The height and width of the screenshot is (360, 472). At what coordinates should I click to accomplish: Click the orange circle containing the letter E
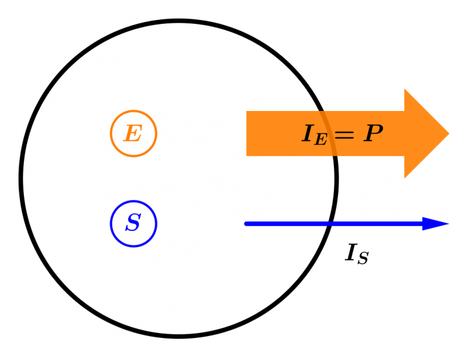(x=133, y=133)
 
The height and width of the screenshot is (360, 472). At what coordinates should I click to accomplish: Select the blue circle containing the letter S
(x=133, y=224)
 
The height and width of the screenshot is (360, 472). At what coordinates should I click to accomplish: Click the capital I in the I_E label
(x=308, y=134)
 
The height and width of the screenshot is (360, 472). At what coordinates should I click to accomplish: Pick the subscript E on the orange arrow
(x=321, y=140)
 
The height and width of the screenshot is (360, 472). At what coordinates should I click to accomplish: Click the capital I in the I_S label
(x=351, y=253)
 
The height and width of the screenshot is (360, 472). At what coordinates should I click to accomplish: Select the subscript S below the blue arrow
(x=363, y=259)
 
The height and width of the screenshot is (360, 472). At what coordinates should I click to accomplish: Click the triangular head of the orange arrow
(x=423, y=134)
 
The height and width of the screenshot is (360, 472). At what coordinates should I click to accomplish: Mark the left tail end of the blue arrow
(x=246, y=224)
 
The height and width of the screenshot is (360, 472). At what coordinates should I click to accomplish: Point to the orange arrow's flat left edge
(x=247, y=134)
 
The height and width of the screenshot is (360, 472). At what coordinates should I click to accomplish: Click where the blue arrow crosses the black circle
(x=330, y=224)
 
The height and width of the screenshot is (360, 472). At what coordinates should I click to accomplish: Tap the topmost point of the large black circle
(x=179, y=22)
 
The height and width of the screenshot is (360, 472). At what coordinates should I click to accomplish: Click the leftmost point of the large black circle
(x=21, y=179)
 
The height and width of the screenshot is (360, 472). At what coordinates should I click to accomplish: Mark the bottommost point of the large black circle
(x=179, y=336)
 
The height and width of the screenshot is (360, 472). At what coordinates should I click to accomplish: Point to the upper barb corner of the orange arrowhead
(x=405, y=90)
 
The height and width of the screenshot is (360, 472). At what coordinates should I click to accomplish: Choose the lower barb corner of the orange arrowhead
(x=405, y=178)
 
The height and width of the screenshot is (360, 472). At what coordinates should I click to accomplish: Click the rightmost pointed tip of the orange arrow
(x=448, y=134)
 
